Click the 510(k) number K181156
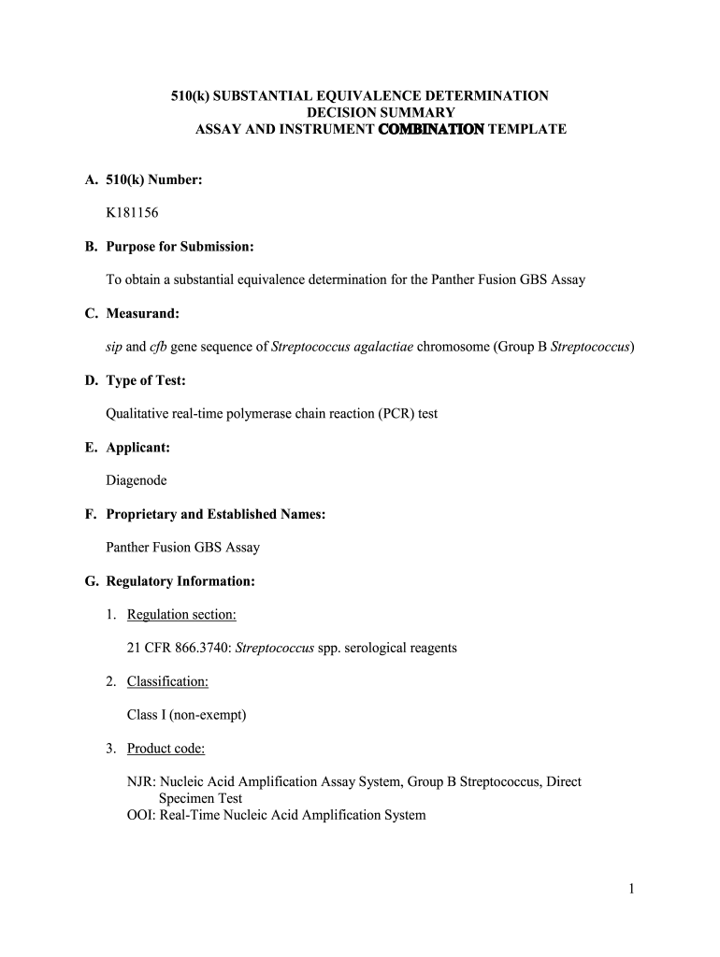132,213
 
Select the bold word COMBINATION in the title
431,129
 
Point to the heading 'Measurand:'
139,314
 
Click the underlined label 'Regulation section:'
181,614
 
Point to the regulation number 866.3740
200,648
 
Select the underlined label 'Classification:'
167,681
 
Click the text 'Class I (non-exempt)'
186,715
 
